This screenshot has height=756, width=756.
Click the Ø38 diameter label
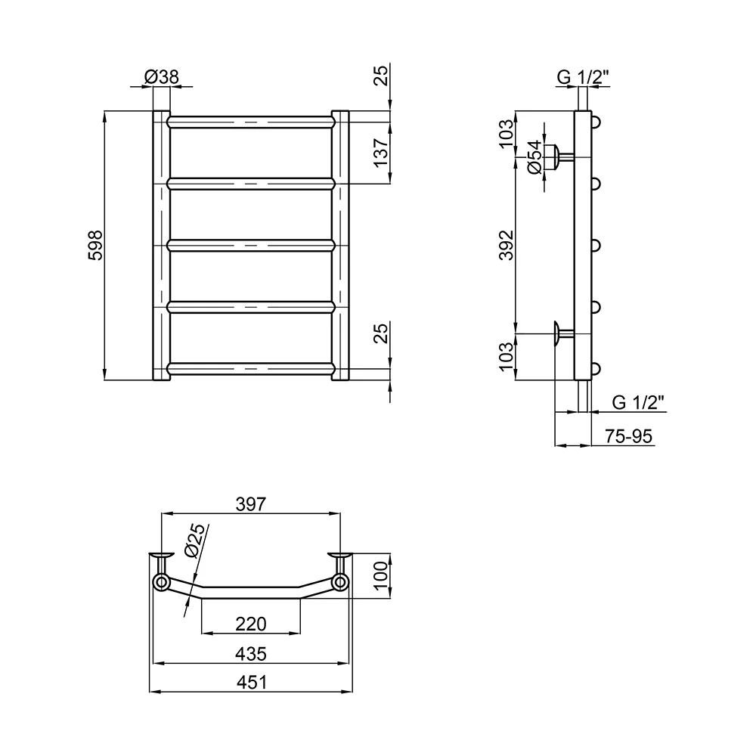tap(162, 76)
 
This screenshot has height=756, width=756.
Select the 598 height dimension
tap(95, 246)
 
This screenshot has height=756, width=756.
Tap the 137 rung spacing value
tap(381, 153)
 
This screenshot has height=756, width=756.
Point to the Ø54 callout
tap(534, 157)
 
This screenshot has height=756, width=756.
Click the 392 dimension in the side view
tap(507, 246)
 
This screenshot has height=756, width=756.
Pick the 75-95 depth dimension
tap(628, 436)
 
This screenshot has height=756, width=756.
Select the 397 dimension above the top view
tap(251, 503)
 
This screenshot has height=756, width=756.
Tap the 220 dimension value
tap(251, 624)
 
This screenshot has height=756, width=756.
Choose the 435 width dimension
tap(251, 654)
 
